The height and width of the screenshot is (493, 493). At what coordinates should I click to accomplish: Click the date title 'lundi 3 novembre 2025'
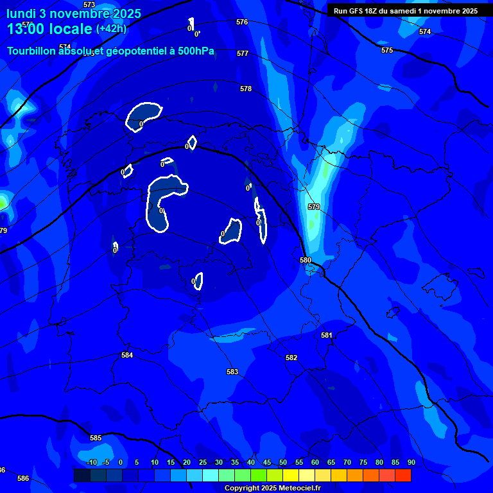(x=74, y=13)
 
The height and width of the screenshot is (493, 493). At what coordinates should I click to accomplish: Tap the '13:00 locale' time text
(x=49, y=29)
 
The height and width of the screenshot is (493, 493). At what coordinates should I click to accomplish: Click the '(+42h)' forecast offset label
(x=111, y=29)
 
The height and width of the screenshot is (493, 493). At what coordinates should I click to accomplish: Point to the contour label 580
(x=306, y=260)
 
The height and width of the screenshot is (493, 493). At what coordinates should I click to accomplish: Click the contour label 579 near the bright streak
(x=314, y=207)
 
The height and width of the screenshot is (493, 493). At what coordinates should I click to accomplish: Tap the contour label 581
(x=327, y=335)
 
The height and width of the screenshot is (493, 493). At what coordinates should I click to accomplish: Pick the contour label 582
(x=291, y=358)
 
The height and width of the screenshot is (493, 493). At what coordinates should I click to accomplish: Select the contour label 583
(x=232, y=372)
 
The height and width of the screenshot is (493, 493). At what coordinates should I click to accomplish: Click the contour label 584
(x=127, y=355)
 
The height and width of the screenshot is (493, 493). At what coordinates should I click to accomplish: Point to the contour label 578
(x=246, y=89)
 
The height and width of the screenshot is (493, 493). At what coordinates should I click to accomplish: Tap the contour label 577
(x=242, y=53)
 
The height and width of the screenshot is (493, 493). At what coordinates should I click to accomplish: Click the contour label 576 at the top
(x=241, y=22)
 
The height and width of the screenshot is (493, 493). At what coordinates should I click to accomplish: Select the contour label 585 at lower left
(x=96, y=438)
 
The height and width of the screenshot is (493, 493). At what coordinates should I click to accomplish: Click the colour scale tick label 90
(x=411, y=462)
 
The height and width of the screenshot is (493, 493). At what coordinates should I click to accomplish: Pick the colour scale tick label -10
(x=91, y=462)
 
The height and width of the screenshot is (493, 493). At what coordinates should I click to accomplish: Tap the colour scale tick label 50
(x=283, y=462)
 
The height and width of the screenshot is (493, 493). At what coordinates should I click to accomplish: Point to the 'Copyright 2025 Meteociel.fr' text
(x=272, y=488)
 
